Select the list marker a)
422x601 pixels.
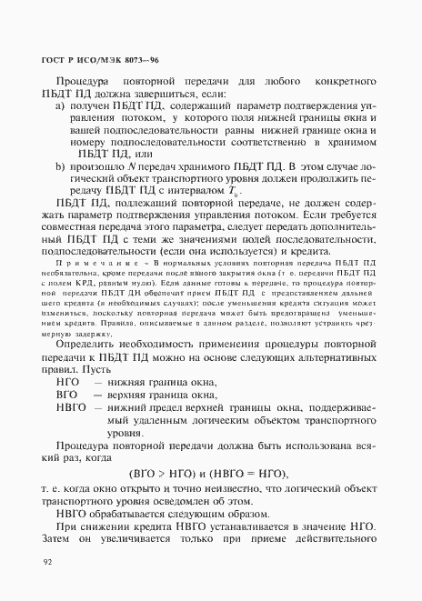(x=61, y=116)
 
